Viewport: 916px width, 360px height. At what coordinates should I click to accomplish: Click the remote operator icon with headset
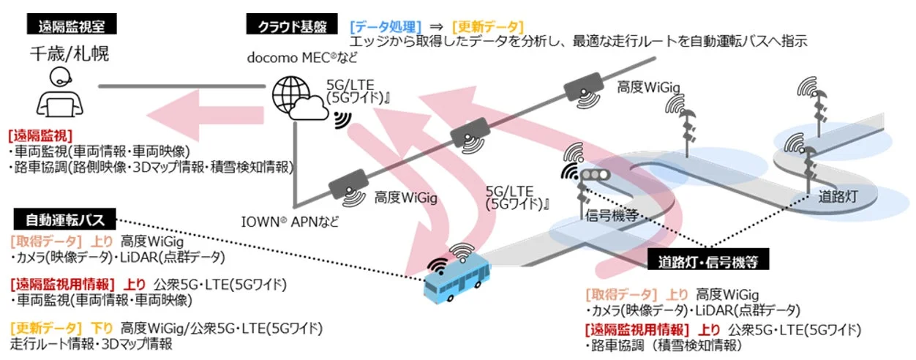(x=59, y=92)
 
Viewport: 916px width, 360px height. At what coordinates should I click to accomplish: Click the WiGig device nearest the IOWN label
(x=349, y=184)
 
